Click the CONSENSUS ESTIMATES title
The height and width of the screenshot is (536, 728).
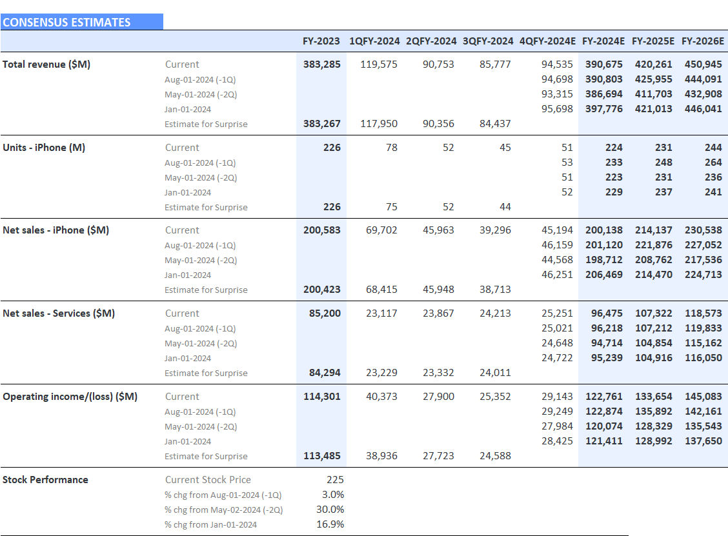(66, 23)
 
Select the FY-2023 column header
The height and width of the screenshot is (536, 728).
(321, 41)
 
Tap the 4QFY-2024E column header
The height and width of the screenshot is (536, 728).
(547, 41)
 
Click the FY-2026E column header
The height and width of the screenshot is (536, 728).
(702, 41)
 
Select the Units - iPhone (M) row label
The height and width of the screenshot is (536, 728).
(44, 148)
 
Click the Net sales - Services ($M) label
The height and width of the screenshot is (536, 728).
(59, 313)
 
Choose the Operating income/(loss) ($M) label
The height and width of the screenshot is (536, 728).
(70, 397)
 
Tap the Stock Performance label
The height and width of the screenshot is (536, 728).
(45, 480)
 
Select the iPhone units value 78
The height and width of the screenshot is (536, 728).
(391, 148)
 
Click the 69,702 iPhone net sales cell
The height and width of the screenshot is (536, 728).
(381, 230)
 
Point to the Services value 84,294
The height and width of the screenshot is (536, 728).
(322, 373)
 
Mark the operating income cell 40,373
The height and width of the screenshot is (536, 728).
(381, 397)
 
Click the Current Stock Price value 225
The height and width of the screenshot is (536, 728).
(335, 480)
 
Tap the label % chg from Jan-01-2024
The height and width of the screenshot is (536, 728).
(210, 524)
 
